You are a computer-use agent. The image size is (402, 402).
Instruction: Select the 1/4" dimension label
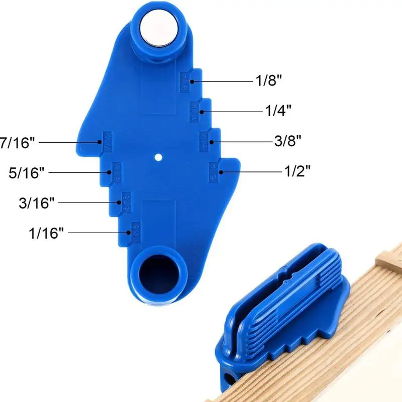click(x=278, y=111)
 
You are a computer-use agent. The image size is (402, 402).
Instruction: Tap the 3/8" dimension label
click(x=288, y=141)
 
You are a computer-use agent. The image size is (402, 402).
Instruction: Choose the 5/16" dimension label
click(x=27, y=172)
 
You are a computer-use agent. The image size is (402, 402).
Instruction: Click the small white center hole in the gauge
click(x=159, y=156)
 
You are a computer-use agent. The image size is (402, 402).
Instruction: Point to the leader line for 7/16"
click(x=69, y=142)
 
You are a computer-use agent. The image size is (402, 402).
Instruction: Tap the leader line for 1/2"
click(x=251, y=172)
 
